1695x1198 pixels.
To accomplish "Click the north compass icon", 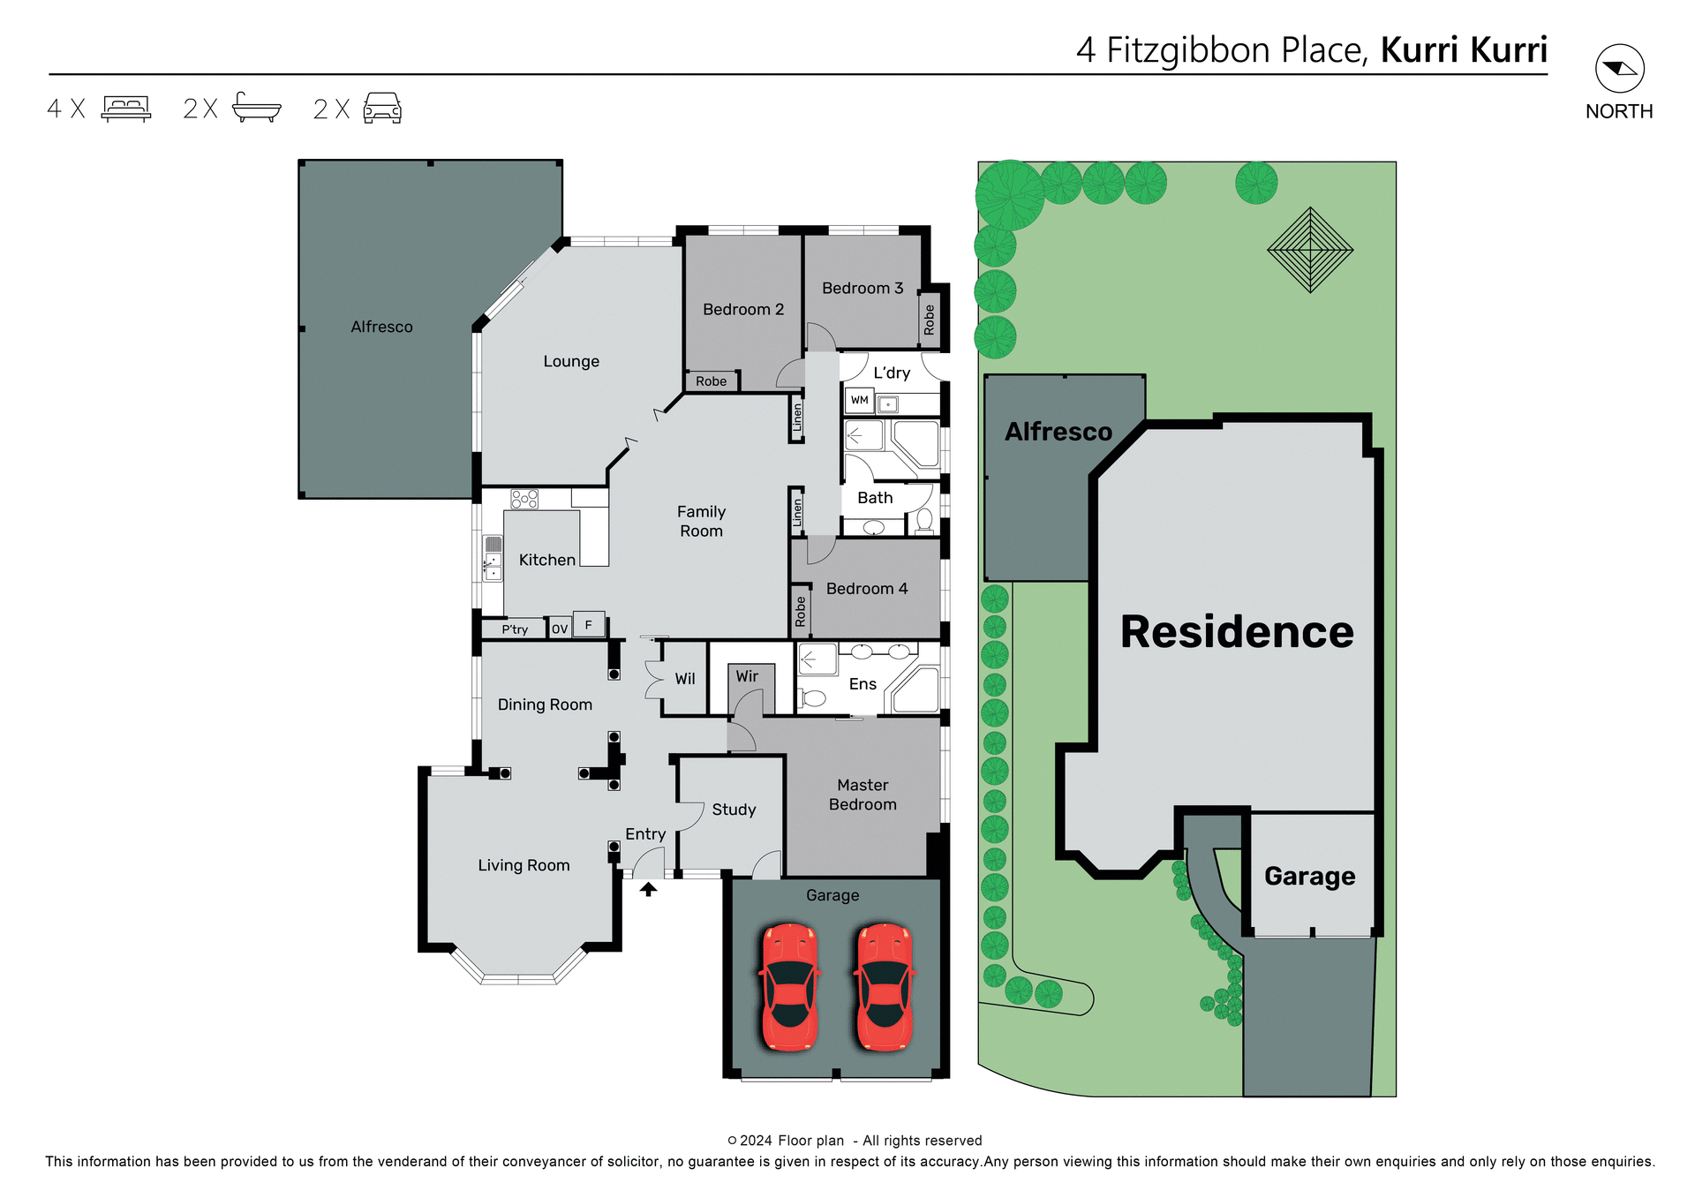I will (1619, 69).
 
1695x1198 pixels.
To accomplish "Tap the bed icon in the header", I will (126, 109).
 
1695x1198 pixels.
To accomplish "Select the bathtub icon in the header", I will (256, 108).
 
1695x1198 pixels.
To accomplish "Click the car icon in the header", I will (382, 109).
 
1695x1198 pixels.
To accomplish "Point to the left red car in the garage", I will (790, 987).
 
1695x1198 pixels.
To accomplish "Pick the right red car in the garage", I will (884, 987).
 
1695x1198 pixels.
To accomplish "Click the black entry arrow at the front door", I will (648, 890).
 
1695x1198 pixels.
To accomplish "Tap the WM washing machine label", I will (859, 401).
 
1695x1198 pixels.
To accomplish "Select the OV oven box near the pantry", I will (559, 629).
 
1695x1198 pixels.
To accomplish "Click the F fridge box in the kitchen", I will (589, 624).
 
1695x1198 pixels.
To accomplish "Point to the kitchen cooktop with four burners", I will (524, 500).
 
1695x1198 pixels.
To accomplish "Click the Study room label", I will (734, 810).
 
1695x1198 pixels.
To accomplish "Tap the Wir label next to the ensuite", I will (747, 676).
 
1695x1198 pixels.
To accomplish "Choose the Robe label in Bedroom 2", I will (711, 381).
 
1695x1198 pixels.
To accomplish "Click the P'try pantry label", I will (515, 629).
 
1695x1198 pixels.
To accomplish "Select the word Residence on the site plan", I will (1237, 632).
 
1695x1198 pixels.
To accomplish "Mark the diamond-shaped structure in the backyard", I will (1310, 250).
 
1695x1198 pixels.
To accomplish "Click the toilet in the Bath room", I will (923, 520).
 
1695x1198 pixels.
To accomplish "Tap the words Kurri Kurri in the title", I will (1464, 50).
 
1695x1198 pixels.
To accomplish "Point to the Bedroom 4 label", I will (866, 589).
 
